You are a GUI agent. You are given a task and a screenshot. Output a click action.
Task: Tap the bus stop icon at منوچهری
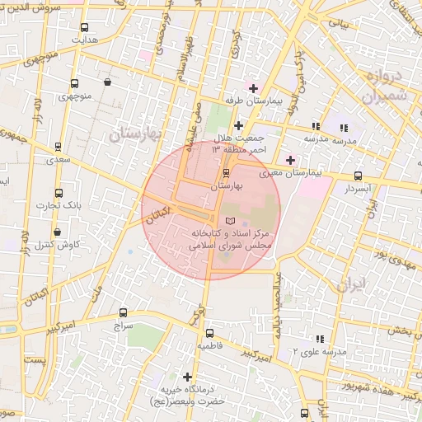pyautogui.click(x=75, y=83)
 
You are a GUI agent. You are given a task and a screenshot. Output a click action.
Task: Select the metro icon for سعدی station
pyautogui.click(x=58, y=147)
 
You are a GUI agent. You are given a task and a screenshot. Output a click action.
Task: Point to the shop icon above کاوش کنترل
pyautogui.click(x=57, y=232)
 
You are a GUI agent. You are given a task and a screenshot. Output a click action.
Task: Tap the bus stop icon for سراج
pyautogui.click(x=123, y=312)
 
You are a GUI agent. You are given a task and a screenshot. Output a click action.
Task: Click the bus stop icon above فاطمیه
pyautogui.click(x=209, y=334)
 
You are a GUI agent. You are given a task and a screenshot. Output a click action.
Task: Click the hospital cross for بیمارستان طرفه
pyautogui.click(x=253, y=87)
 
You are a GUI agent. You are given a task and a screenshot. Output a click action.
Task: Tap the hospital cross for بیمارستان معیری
pyautogui.click(x=289, y=160)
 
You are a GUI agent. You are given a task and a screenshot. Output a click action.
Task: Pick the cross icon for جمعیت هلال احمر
pyautogui.click(x=238, y=125)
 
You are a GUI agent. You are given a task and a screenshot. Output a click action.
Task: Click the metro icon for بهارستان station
pyautogui.click(x=227, y=173)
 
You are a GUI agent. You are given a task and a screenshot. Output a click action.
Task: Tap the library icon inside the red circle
pyautogui.click(x=229, y=222)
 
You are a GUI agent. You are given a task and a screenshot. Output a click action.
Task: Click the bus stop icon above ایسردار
pyautogui.click(x=358, y=176)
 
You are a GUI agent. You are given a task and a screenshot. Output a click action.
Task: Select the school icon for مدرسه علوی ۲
pyautogui.click(x=320, y=338)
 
